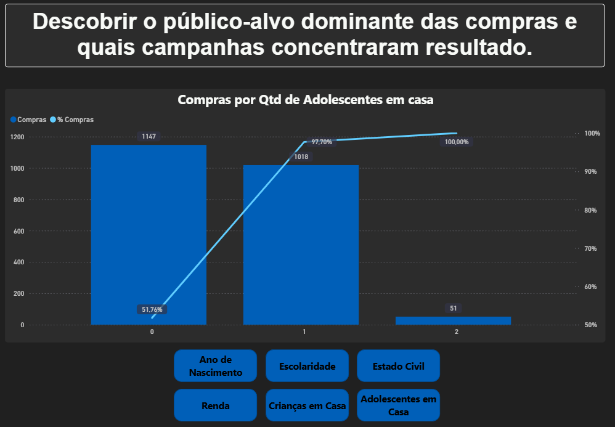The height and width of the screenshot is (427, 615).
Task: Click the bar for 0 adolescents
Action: pyautogui.click(x=149, y=234)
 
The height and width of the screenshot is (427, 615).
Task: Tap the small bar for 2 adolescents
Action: pyautogui.click(x=453, y=320)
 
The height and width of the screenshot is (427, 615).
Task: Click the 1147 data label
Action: pyautogui.click(x=149, y=136)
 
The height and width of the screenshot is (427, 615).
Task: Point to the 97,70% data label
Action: pyautogui.click(x=322, y=142)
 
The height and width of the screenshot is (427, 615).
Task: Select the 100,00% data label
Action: pyautogui.click(x=457, y=142)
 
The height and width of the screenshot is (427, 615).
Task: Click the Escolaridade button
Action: pyautogui.click(x=307, y=366)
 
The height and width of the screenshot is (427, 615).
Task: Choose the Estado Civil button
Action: pyautogui.click(x=398, y=366)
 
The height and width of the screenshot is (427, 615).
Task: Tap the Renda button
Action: pyautogui.click(x=215, y=405)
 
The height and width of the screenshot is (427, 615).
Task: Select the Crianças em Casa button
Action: pyautogui.click(x=307, y=405)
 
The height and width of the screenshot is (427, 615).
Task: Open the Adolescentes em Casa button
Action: pyautogui.click(x=398, y=405)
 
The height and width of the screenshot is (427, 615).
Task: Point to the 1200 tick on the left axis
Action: pyautogui.click(x=17, y=137)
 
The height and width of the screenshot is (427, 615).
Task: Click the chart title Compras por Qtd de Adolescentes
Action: pyautogui.click(x=306, y=100)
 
